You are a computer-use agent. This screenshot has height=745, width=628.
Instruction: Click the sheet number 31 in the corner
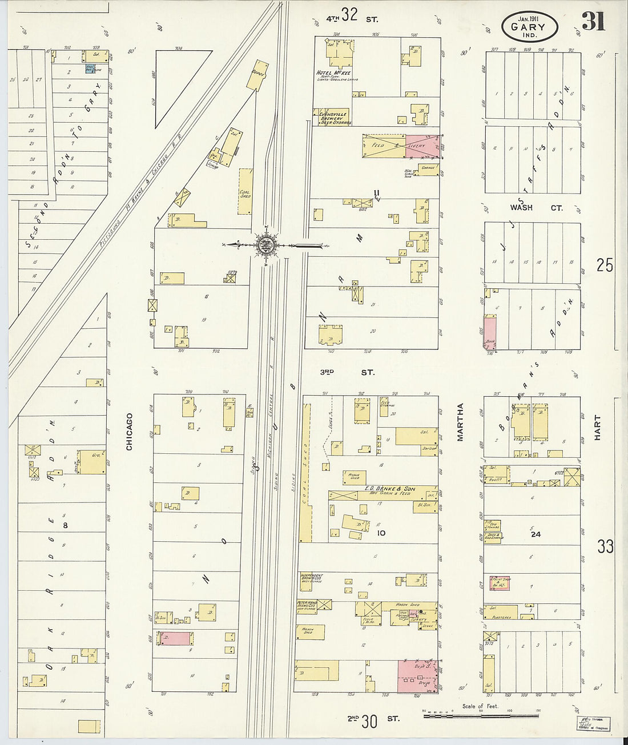pos(593,22)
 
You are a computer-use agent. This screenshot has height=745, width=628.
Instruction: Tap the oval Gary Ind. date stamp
pos(529,26)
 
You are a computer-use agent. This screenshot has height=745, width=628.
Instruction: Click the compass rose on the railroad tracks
pos(265,245)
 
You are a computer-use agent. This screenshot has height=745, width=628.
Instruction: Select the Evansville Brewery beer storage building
pos(331,117)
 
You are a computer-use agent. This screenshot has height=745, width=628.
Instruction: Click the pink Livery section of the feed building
pos(423,146)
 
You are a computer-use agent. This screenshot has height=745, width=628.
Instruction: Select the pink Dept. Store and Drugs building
pos(417,676)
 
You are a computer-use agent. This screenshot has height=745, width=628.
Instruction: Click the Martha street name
pos(460,422)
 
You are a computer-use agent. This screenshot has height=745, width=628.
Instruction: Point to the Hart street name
pos(598,428)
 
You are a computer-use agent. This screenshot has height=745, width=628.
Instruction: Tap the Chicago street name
pos(129,432)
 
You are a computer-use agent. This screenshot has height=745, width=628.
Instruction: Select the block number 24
pos(536,535)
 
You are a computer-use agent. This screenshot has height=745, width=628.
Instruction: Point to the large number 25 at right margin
pos(605,265)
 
